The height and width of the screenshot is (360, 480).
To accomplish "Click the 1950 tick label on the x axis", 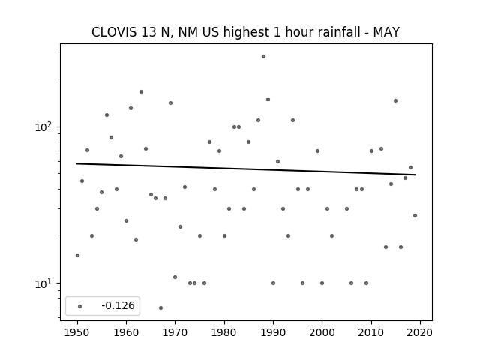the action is (x=77, y=332).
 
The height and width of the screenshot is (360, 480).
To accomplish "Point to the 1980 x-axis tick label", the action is (x=224, y=332).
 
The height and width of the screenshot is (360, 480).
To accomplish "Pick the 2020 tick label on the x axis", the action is (x=420, y=332).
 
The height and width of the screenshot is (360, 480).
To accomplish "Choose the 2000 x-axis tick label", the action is (x=322, y=332).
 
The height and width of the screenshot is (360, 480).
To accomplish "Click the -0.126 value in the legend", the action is (x=118, y=305).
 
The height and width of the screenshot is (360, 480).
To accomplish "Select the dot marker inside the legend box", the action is (x=80, y=306).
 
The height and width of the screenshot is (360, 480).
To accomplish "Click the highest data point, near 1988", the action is (x=263, y=57).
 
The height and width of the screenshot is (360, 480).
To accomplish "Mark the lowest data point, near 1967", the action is (x=160, y=307).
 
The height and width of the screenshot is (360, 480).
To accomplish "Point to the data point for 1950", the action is (x=77, y=255).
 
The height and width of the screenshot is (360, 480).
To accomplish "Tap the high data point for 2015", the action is (x=395, y=100).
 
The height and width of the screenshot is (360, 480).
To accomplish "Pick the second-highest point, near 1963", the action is (x=141, y=91).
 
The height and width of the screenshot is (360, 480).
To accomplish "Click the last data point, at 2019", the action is (x=415, y=215).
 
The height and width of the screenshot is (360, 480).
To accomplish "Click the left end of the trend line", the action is (x=76, y=163).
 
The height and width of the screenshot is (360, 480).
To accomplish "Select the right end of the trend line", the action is (x=415, y=175).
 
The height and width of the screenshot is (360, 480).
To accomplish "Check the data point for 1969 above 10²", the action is (x=170, y=103).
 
